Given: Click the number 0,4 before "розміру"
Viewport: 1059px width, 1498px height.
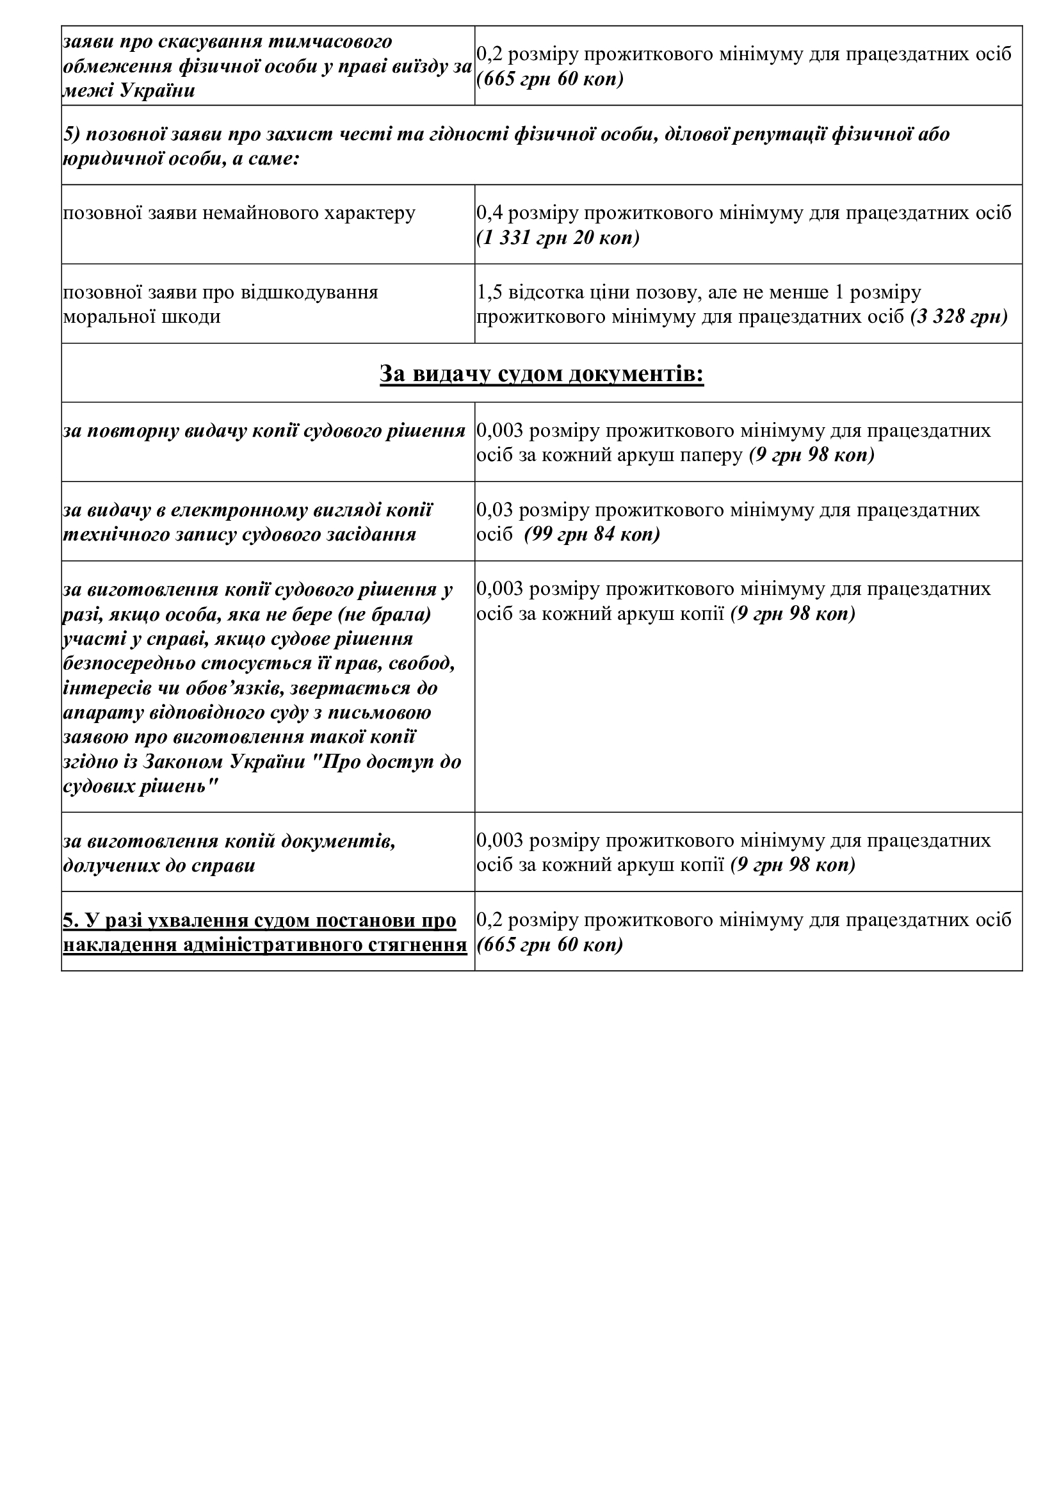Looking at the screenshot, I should point(490,213).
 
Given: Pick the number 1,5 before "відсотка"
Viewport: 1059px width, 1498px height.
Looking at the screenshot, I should point(490,292).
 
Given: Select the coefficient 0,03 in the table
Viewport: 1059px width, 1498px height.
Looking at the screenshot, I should point(495,510).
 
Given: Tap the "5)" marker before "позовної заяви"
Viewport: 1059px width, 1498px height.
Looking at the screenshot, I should point(72,134).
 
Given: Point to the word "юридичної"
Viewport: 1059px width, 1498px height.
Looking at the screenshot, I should point(106,159).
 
